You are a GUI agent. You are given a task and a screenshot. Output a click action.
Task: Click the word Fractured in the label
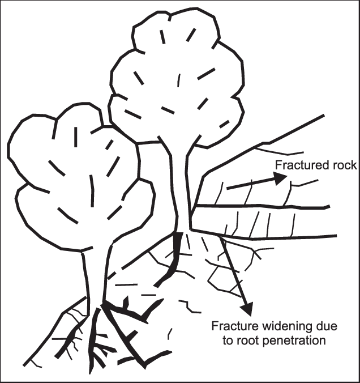[298, 165]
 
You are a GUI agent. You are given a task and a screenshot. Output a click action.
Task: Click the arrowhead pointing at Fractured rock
[280, 178]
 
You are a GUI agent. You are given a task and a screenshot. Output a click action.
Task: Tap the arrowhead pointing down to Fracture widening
[247, 309]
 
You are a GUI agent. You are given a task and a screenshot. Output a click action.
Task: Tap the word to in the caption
[228, 341]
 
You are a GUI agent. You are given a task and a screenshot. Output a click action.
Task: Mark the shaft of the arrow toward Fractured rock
[251, 184]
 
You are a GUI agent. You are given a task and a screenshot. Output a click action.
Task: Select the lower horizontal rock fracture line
[264, 235]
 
